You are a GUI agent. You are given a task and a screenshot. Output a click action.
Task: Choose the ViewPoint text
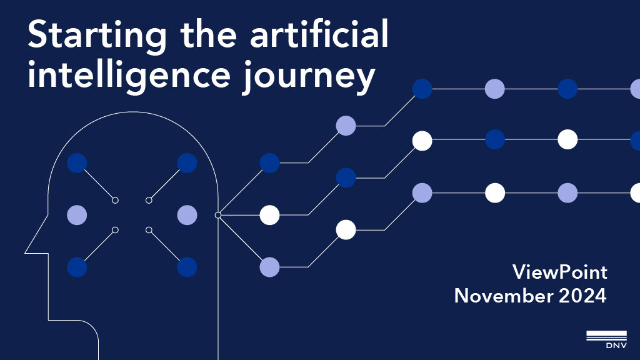point(559,272)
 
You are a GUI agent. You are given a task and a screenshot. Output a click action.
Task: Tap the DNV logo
point(606,337)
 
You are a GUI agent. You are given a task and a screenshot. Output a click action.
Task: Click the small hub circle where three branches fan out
point(218,215)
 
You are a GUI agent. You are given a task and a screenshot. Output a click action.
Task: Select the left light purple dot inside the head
point(77,215)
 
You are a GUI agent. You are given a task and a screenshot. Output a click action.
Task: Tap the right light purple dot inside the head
point(187,215)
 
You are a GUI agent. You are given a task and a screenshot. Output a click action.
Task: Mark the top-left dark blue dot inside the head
point(77,163)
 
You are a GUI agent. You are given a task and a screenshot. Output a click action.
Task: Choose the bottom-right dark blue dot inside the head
point(187,267)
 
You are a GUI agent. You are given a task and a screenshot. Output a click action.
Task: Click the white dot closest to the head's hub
point(269,215)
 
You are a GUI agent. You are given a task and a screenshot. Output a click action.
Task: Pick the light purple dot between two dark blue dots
point(495,89)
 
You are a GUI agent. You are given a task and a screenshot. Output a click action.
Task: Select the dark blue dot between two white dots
point(495,139)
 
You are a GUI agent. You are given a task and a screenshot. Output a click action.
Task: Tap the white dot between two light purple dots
point(495,192)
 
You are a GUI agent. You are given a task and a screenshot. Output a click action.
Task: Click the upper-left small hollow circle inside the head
point(115,200)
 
